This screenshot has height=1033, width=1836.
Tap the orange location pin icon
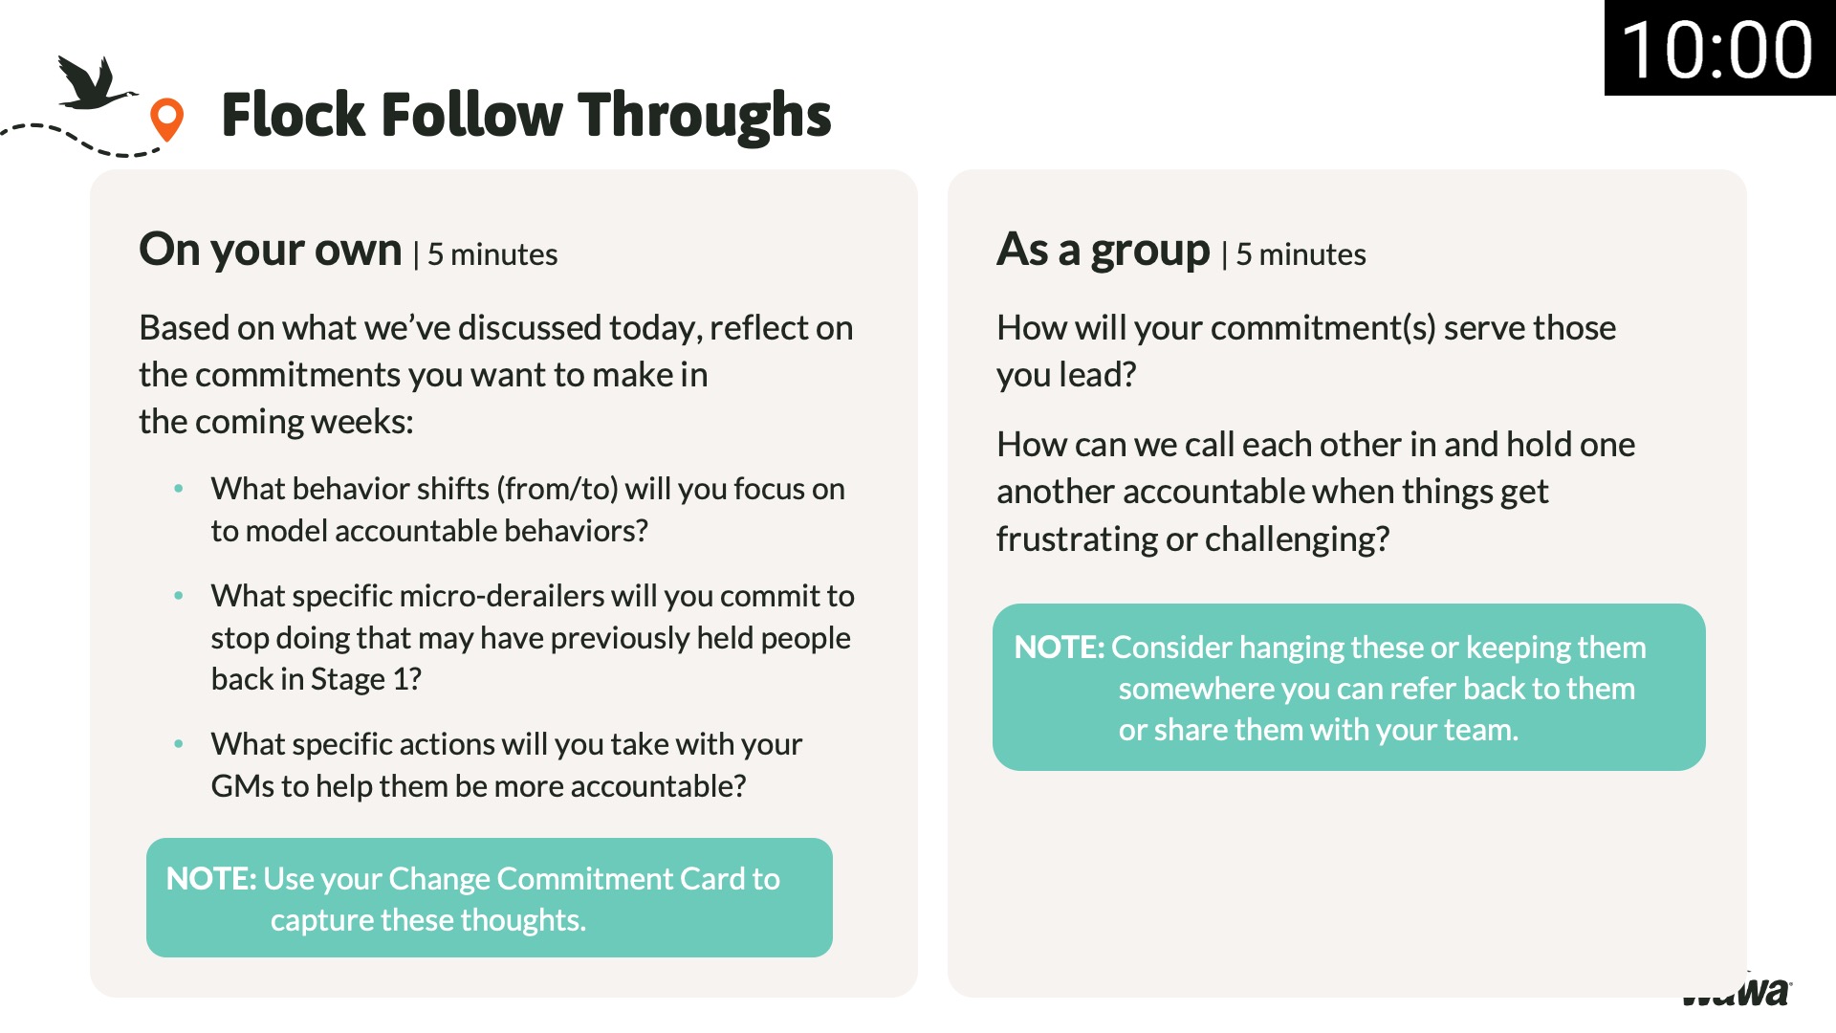(166, 120)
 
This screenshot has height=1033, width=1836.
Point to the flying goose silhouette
(94, 82)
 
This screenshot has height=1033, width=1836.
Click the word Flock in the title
(294, 115)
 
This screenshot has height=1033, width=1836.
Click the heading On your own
(271, 250)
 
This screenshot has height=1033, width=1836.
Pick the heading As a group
(1104, 250)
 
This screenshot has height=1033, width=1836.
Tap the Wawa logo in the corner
(1738, 992)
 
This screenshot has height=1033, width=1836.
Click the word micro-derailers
(502, 596)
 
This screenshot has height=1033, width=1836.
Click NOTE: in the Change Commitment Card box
(211, 879)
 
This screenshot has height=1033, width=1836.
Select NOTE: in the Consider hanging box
(1060, 648)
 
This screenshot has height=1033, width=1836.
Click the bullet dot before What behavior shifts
(179, 489)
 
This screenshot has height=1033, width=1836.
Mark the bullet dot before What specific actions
(179, 744)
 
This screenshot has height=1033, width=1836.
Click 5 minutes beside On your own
(492, 254)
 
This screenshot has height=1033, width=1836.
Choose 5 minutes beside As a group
(1300, 254)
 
